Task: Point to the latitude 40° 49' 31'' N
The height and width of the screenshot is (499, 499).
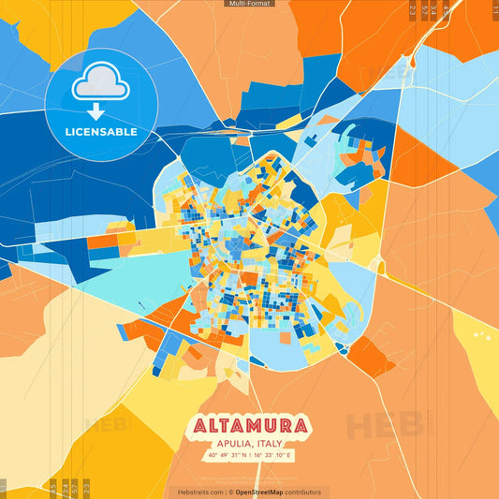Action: tap(227, 456)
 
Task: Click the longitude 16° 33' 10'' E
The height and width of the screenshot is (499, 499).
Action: tap(273, 456)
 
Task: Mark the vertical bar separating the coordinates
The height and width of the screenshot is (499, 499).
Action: tap(251, 456)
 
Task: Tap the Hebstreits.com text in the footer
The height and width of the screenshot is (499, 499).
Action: tap(200, 492)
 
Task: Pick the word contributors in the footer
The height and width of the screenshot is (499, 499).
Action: tap(303, 492)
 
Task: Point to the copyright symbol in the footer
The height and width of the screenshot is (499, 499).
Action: tap(230, 492)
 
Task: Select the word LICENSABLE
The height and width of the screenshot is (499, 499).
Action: tap(101, 132)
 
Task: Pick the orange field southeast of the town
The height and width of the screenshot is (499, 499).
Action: tap(367, 357)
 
